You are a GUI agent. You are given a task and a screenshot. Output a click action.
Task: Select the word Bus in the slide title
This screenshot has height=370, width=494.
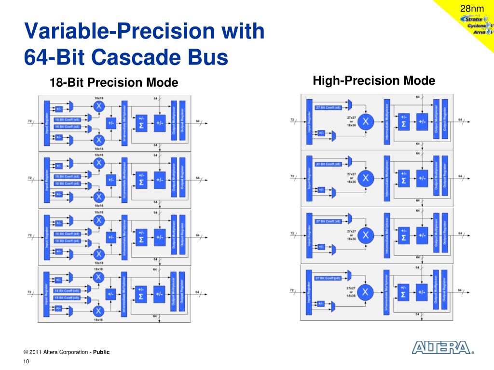coord(208,57)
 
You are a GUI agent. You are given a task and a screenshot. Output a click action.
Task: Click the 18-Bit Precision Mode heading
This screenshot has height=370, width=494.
coord(114,83)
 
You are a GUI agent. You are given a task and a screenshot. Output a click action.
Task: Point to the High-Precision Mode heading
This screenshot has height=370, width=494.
coord(374,80)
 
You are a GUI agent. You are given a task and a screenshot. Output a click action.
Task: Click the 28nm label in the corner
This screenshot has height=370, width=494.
coord(472,9)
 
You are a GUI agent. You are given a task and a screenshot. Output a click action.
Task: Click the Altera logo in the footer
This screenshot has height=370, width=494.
coord(440,348)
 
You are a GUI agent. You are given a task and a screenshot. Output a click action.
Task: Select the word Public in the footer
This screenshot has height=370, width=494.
coord(101,352)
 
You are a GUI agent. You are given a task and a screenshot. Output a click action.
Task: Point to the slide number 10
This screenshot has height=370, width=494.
coord(26,362)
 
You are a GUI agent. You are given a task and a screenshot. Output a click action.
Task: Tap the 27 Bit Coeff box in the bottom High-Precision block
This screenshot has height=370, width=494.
coord(328,278)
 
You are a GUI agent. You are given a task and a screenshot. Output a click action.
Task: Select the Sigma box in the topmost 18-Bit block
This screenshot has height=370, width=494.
coord(141,123)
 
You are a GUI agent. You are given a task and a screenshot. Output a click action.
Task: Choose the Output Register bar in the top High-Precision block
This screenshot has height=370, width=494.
coord(444,120)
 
